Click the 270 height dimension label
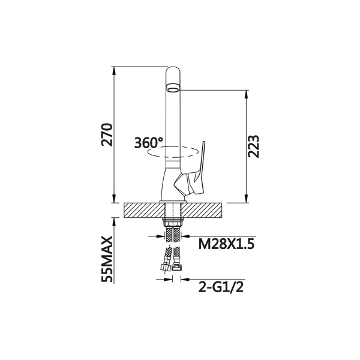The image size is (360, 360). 107,135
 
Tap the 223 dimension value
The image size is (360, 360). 253,146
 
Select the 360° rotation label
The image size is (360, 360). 149,143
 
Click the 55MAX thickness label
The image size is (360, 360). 107,259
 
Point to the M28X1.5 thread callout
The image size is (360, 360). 226,244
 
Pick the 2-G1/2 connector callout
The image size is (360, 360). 221,287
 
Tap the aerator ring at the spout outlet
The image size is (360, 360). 173,88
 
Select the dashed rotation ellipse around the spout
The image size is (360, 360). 173,152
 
